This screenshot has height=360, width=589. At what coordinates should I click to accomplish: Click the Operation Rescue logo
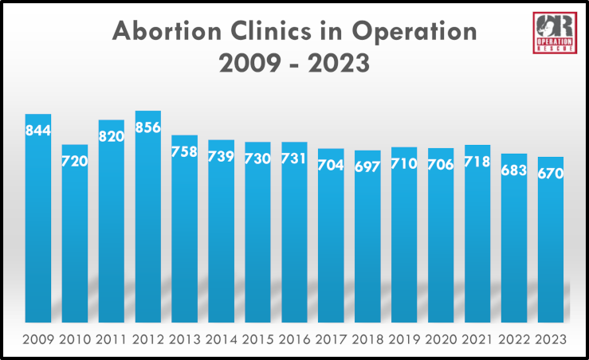tap(555, 33)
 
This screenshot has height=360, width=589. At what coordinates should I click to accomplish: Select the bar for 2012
tap(148, 223)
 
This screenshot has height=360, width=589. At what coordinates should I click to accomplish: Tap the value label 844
tap(38, 130)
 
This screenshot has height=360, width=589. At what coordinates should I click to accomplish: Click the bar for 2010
tap(75, 239)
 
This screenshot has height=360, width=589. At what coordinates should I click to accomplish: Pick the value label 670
tap(551, 173)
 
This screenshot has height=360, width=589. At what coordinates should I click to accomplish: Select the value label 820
tap(112, 135)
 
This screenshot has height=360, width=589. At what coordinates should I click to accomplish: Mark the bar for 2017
tap(331, 239)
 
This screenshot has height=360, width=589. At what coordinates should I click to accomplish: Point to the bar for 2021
tap(477, 239)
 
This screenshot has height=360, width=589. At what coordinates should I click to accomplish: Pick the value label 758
tap(185, 151)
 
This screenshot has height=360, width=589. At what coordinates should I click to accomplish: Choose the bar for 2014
tap(222, 239)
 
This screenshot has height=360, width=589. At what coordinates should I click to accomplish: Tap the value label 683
tap(514, 170)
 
